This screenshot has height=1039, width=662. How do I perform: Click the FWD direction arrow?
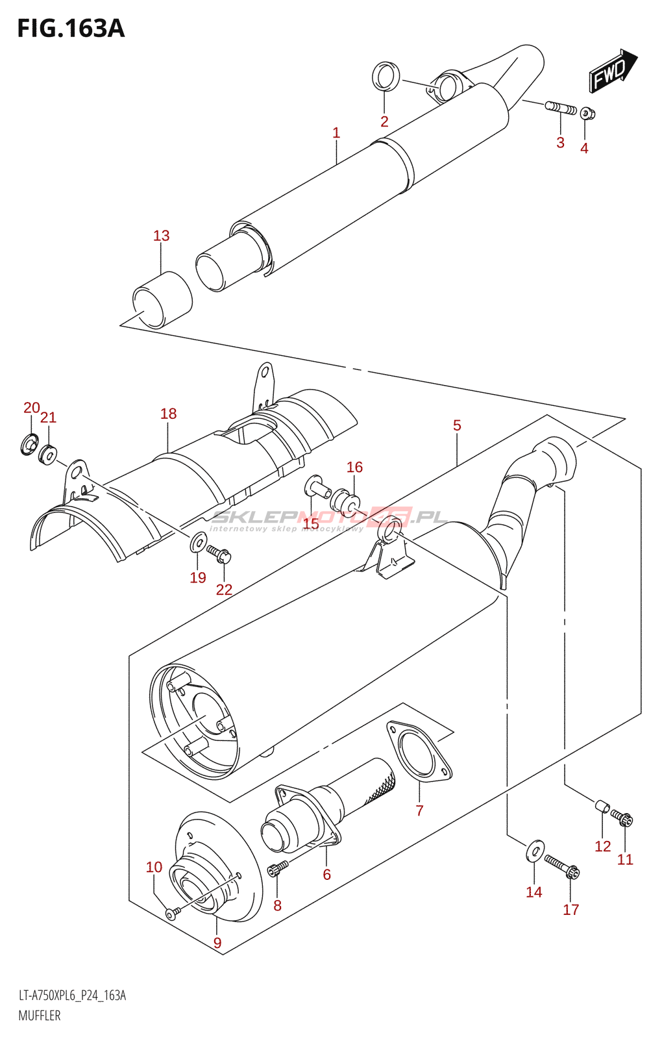(612, 71)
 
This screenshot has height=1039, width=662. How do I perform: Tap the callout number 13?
(161, 236)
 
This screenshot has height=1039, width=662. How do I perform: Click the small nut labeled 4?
(587, 114)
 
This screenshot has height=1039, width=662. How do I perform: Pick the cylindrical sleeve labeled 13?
(162, 300)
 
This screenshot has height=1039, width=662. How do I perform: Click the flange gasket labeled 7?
(419, 753)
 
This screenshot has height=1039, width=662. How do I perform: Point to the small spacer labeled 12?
(603, 807)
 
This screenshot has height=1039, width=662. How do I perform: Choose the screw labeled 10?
(171, 914)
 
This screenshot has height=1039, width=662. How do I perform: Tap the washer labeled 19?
(199, 542)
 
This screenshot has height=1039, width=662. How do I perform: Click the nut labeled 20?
(29, 445)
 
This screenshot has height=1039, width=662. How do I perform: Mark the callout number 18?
(168, 414)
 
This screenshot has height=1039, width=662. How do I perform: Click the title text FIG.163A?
(70, 28)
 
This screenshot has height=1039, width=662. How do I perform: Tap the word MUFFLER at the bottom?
(40, 1016)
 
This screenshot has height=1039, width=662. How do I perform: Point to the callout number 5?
(457, 425)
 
